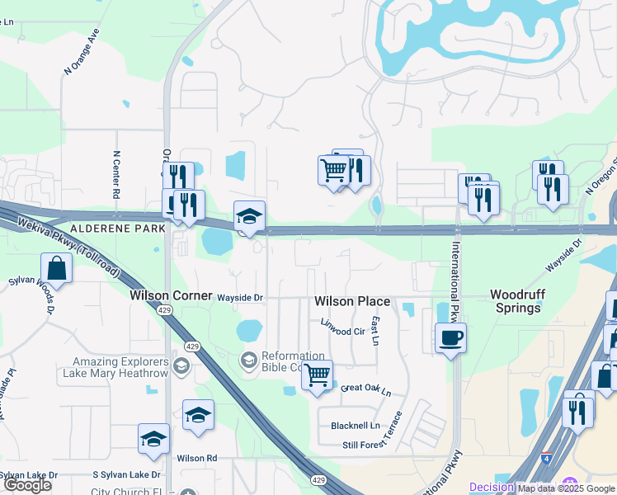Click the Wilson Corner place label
coord(172,295)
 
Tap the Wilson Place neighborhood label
coord(352,302)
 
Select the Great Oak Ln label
coord(365,389)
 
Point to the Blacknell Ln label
coord(356,426)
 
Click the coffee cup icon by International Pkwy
coord(450,337)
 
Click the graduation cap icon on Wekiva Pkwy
coord(249,216)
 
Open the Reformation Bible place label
coord(280,361)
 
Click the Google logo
coord(27,485)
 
